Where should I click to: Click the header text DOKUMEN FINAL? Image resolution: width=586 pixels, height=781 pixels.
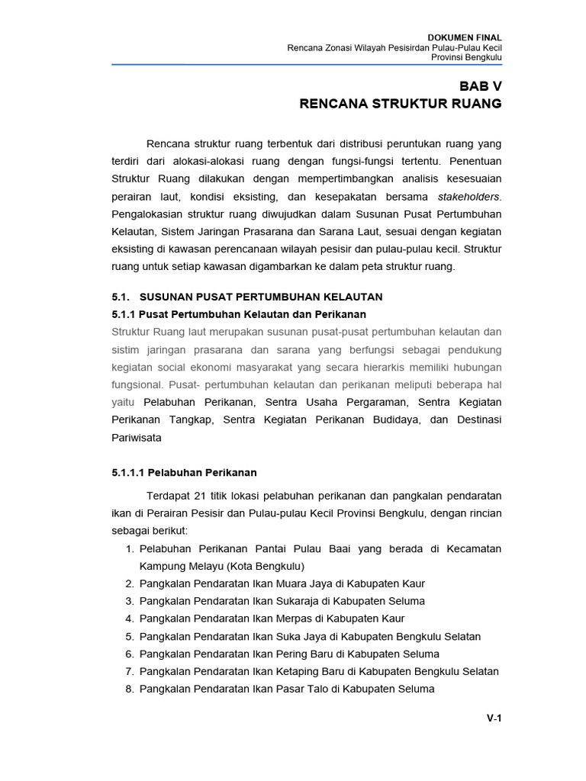[465, 37]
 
